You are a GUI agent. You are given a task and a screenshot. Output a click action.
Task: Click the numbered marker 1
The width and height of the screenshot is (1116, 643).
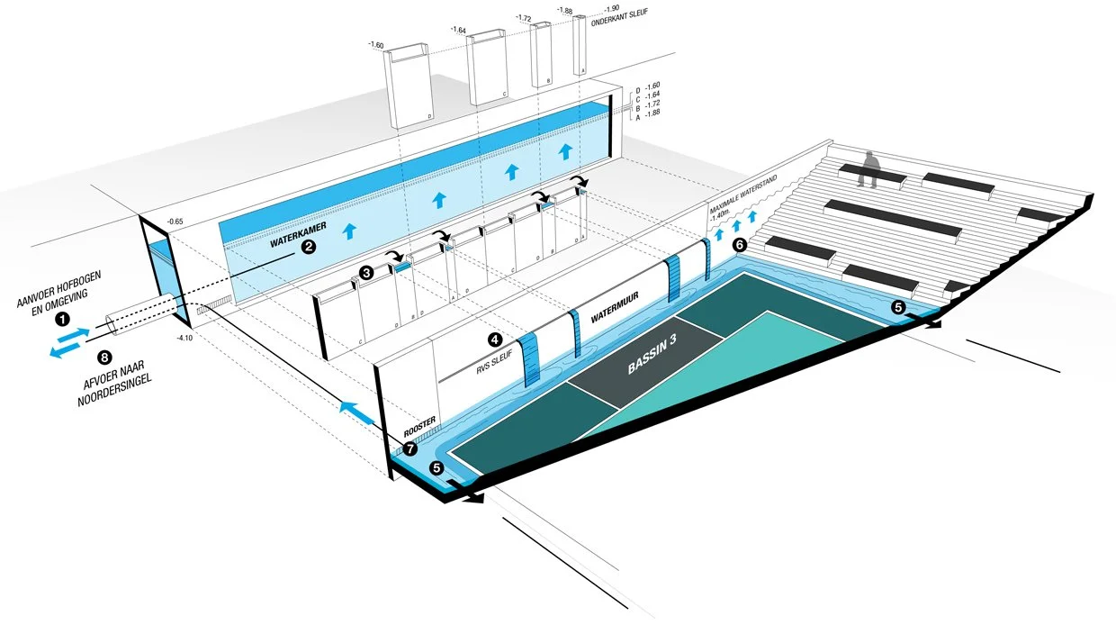pos(61,318)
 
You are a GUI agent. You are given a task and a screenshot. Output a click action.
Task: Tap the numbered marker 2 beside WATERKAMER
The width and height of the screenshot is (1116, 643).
pos(308,247)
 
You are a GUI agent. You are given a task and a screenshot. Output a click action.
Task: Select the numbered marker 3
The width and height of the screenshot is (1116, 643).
pos(365,271)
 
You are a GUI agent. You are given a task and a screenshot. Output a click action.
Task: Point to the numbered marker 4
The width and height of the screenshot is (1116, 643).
pos(494,340)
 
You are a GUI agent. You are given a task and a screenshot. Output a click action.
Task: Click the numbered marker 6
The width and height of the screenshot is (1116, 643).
pos(740,245)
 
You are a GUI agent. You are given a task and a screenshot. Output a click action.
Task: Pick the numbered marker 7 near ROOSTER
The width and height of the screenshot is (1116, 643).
pos(410,447)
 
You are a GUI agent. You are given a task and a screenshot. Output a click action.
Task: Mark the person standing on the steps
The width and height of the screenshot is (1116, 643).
pos(868,169)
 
